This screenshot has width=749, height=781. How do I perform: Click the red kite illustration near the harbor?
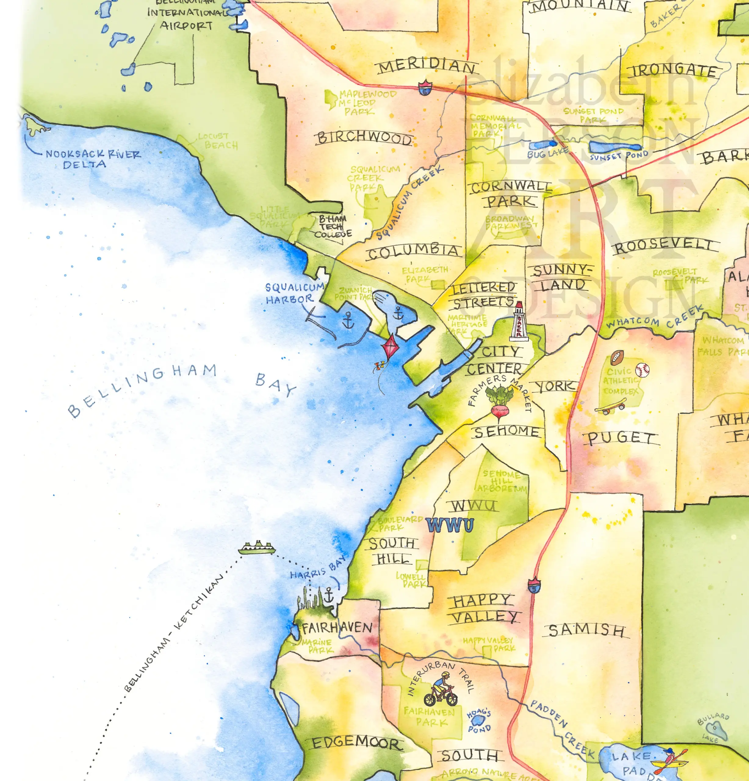coord(391,347)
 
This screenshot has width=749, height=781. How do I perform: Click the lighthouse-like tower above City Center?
coord(519,321)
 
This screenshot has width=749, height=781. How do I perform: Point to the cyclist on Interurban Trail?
coord(441,689)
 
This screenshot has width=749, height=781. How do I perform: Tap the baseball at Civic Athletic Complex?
coord(642,370)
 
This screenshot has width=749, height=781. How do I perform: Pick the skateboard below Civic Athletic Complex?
coord(610,408)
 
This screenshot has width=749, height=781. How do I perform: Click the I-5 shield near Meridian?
coord(425,87)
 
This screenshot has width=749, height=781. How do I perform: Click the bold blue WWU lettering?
coord(450,525)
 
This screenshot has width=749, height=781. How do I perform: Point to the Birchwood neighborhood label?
coord(364,138)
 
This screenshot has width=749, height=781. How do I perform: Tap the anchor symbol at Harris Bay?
coord(329,595)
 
